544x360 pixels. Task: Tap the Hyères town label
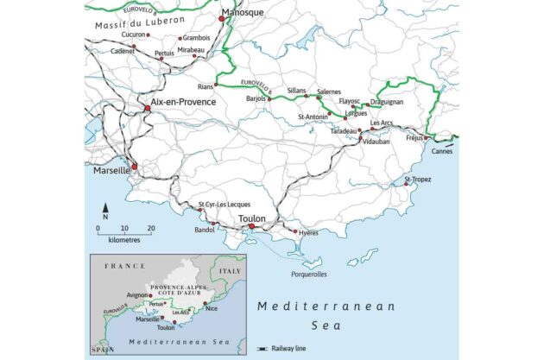point(308,233)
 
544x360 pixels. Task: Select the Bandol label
point(205,231)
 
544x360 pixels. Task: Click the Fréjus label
point(414,137)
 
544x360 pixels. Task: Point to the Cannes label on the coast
point(442,151)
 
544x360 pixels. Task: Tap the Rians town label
point(206,86)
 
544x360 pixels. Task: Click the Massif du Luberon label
point(130,19)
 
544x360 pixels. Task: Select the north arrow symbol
point(105,209)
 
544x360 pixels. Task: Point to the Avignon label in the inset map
point(139,294)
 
